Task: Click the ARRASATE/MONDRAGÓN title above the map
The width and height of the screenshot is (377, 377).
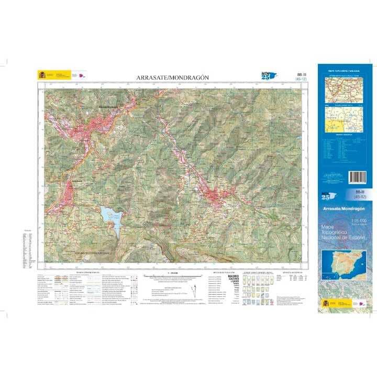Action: [172, 77]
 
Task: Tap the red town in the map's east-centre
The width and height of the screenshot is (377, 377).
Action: [215, 196]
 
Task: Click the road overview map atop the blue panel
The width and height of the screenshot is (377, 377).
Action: [345, 90]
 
